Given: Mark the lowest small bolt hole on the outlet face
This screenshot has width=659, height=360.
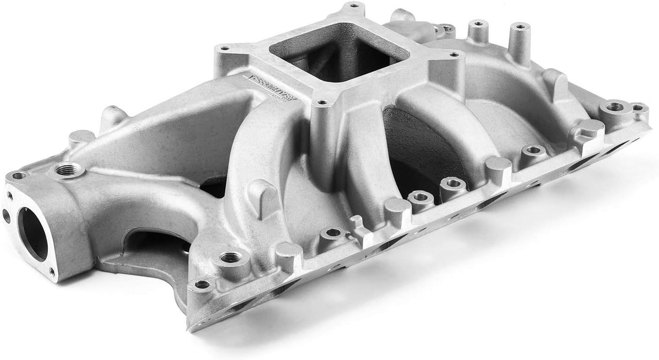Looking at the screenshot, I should [51, 271].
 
